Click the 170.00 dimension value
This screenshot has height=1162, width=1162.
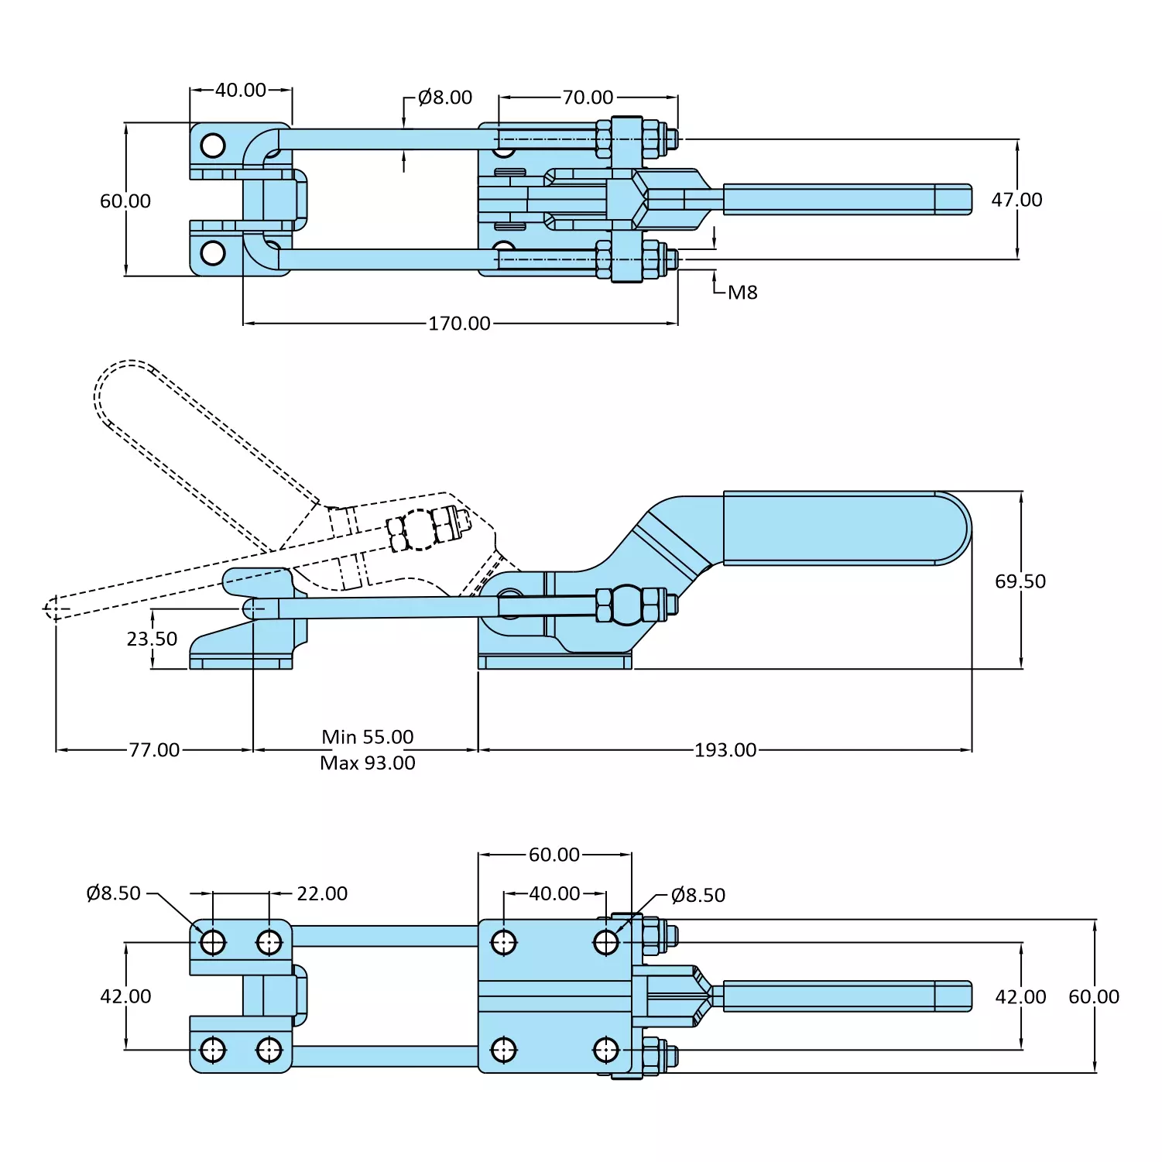click(x=459, y=323)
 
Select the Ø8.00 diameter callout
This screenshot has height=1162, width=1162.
click(x=444, y=98)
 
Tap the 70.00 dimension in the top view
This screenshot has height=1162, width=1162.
click(x=588, y=98)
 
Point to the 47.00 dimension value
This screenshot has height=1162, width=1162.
click(x=1016, y=200)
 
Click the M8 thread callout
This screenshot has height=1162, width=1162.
click(x=742, y=293)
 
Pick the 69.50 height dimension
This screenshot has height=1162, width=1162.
click(x=1020, y=581)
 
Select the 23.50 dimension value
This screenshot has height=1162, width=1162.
click(x=152, y=639)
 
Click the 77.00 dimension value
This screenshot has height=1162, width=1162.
click(x=154, y=749)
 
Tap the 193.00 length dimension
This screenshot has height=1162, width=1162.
click(x=725, y=749)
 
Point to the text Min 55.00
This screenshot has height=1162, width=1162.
click(x=368, y=736)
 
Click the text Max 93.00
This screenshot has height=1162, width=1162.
click(x=368, y=763)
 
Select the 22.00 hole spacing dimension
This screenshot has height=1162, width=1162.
click(x=322, y=893)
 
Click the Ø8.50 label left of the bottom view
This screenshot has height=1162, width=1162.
click(x=114, y=893)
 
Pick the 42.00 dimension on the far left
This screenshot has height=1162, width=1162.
click(x=125, y=996)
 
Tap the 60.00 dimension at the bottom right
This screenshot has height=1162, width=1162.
click(x=1093, y=996)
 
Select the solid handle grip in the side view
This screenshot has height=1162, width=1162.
click(x=844, y=528)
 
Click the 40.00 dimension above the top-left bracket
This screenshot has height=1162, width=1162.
click(x=241, y=90)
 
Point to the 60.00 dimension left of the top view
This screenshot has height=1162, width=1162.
click(x=125, y=201)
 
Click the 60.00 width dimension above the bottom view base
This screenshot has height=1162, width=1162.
click(x=554, y=855)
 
